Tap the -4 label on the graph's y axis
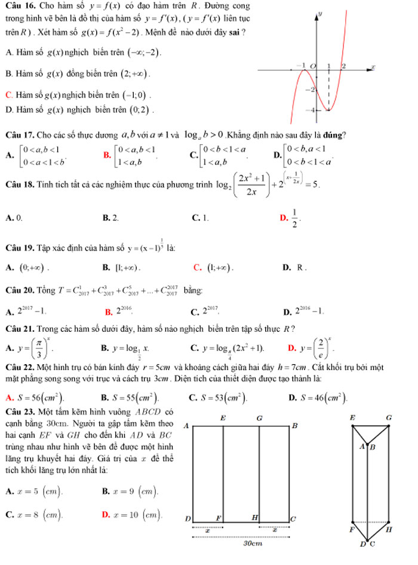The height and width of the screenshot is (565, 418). click(309, 111)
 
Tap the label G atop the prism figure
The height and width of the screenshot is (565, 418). click(389, 416)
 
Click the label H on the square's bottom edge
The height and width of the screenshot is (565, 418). click(255, 516)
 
